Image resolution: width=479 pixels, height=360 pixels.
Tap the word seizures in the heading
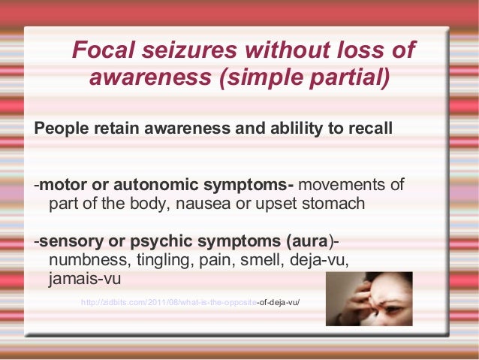pyautogui.click(x=188, y=50)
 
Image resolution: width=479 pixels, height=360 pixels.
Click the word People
pyautogui.click(x=61, y=129)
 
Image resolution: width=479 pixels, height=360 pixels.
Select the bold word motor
pyautogui.click(x=62, y=185)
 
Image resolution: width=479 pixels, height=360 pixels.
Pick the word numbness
pyautogui.click(x=84, y=260)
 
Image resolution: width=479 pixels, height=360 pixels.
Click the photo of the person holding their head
pyautogui.click(x=369, y=298)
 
